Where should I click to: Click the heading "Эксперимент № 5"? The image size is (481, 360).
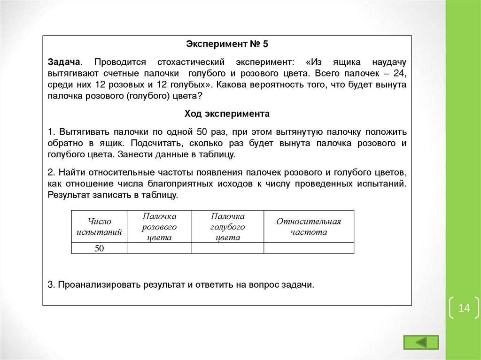tap(227, 44)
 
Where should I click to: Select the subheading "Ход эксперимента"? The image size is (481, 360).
tap(227, 114)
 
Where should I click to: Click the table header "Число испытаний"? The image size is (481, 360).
tap(99, 227)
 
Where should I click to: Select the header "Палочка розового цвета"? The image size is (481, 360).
tap(159, 227)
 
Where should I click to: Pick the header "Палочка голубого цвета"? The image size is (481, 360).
tap(228, 227)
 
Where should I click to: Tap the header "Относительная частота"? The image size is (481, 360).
tap(309, 227)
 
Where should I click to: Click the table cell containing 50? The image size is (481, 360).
tap(99, 248)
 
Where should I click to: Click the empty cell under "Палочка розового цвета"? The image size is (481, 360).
tap(159, 248)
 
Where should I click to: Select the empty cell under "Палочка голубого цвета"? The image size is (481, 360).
tap(228, 248)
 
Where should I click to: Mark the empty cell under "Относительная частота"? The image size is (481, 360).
tap(309, 248)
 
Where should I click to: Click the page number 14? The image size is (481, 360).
tap(464, 308)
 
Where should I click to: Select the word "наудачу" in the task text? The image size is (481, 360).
tap(389, 62)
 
